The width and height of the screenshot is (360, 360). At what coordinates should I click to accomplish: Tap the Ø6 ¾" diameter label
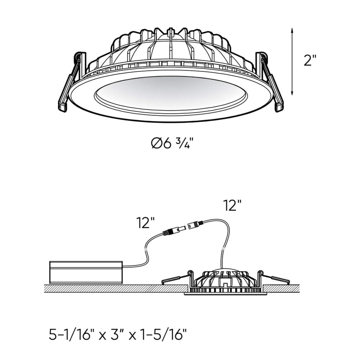175,144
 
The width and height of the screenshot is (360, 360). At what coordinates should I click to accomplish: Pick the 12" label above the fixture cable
232,206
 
